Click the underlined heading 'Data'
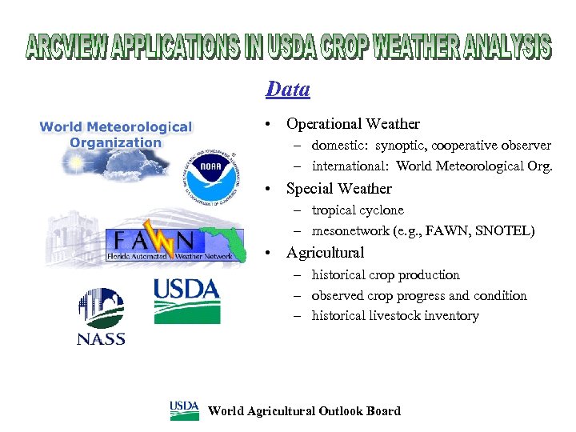click(x=287, y=89)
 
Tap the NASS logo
click(x=101, y=316)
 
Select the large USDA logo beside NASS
click(x=186, y=300)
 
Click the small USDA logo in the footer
click(x=184, y=410)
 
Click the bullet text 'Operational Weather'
click(x=353, y=124)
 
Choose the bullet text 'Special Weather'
click(x=339, y=189)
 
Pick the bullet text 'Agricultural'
click(x=325, y=253)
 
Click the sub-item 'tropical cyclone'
click(x=358, y=210)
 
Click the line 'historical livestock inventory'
click(x=395, y=316)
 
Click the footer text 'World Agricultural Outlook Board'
click(x=304, y=411)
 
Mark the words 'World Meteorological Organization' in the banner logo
click(x=116, y=134)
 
